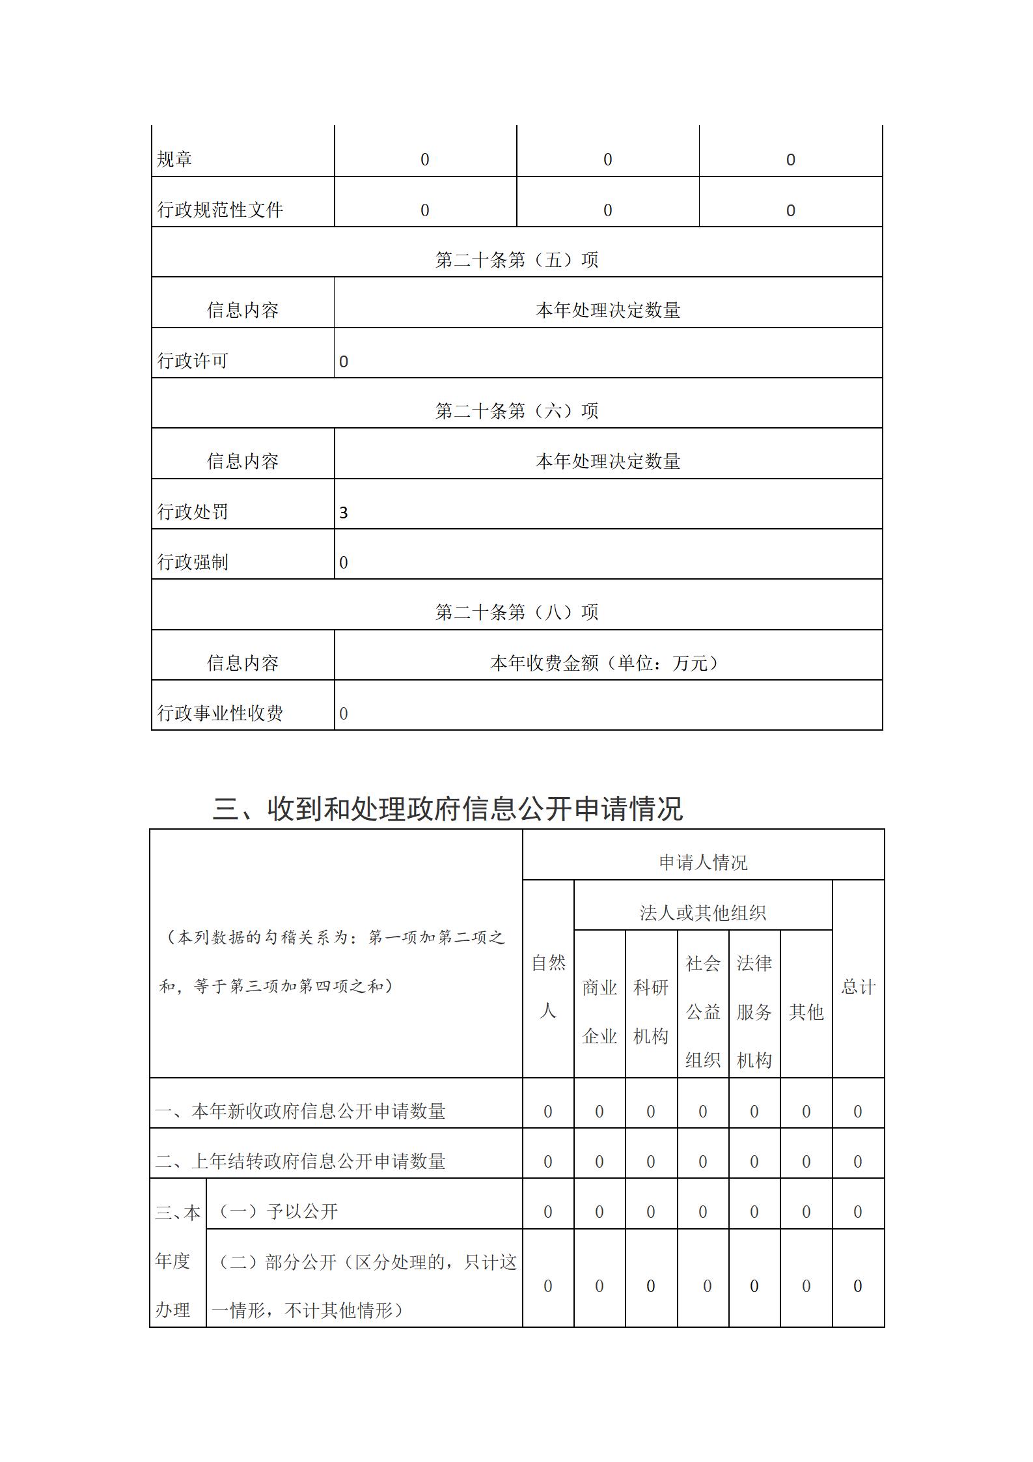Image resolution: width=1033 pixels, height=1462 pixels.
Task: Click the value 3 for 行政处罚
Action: (344, 513)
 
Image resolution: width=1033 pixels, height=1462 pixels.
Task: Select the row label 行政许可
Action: (193, 361)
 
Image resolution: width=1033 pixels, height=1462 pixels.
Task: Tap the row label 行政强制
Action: (193, 562)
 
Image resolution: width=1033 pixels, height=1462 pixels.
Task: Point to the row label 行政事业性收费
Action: (220, 713)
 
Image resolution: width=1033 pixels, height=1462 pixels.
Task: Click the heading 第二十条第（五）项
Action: (516, 260)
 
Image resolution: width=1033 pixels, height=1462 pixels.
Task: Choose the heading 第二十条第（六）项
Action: (516, 411)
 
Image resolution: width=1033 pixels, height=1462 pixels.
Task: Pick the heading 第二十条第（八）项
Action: (516, 612)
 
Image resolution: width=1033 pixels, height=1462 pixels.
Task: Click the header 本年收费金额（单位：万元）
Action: (607, 663)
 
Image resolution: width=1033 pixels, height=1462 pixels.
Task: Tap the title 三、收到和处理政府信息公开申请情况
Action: (448, 809)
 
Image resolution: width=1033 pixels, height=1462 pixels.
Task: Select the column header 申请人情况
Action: (703, 862)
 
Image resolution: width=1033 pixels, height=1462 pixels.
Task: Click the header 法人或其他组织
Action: (702, 913)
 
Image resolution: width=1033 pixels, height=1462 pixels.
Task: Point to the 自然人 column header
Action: (548, 987)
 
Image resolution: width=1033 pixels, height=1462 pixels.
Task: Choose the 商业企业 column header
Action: (599, 1011)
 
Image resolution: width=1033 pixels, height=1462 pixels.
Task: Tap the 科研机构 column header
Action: (651, 1011)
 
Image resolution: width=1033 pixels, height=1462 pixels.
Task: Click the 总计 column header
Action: (858, 987)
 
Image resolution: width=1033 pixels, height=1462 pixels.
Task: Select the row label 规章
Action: (174, 160)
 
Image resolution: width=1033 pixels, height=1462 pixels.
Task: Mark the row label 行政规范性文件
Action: (220, 210)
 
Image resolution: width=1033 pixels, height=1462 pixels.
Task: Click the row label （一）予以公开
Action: (276, 1211)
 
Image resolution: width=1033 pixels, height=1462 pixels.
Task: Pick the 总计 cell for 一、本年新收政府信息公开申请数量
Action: (858, 1112)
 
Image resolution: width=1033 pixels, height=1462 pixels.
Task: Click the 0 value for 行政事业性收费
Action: (344, 714)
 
